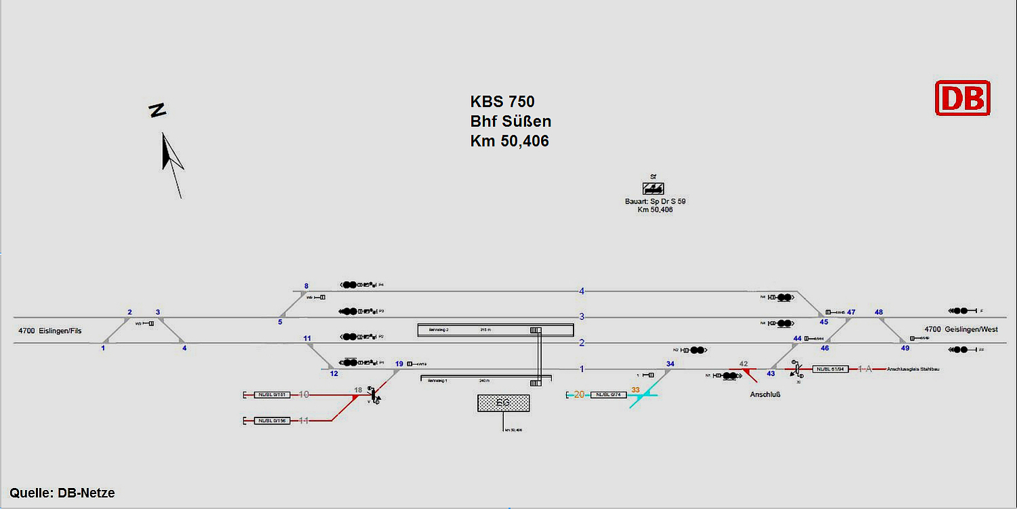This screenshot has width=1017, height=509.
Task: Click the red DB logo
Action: coord(963,98)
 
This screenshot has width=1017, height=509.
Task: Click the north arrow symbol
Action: coord(172,163)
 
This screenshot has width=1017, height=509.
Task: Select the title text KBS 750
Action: coord(502,102)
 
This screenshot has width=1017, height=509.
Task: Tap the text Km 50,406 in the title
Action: coord(509,141)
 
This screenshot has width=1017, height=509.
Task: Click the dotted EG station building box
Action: coord(502,403)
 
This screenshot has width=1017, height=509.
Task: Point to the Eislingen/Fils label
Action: coord(50,331)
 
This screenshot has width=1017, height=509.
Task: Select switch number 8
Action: coord(306,286)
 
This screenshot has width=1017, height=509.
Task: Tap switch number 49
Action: coord(905,348)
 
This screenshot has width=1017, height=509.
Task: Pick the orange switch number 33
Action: coord(635,390)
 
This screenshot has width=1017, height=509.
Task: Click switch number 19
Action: coord(399,364)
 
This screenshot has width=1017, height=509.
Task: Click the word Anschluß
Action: coord(765,394)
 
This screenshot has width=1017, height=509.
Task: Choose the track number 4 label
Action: coord(582,291)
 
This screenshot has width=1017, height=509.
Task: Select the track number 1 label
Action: coord(582,369)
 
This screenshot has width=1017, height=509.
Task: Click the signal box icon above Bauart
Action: coord(654,188)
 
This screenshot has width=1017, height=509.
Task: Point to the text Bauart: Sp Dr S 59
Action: coord(655,202)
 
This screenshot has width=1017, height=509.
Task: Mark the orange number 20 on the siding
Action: coord(579,394)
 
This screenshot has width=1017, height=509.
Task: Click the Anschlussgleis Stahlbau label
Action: coord(913,369)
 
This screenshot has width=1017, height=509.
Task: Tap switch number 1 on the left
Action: coord(103,348)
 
